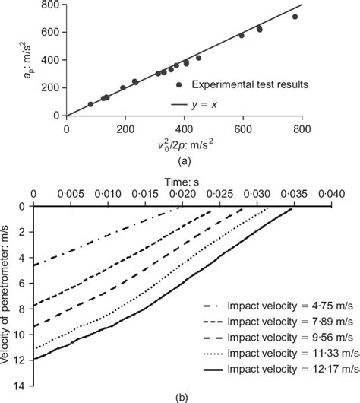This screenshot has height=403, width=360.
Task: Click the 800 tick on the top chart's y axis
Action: tap(55, 6)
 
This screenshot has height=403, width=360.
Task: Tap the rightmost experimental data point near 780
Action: tap(295, 17)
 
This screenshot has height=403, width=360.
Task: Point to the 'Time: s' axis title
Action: tap(184, 180)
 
